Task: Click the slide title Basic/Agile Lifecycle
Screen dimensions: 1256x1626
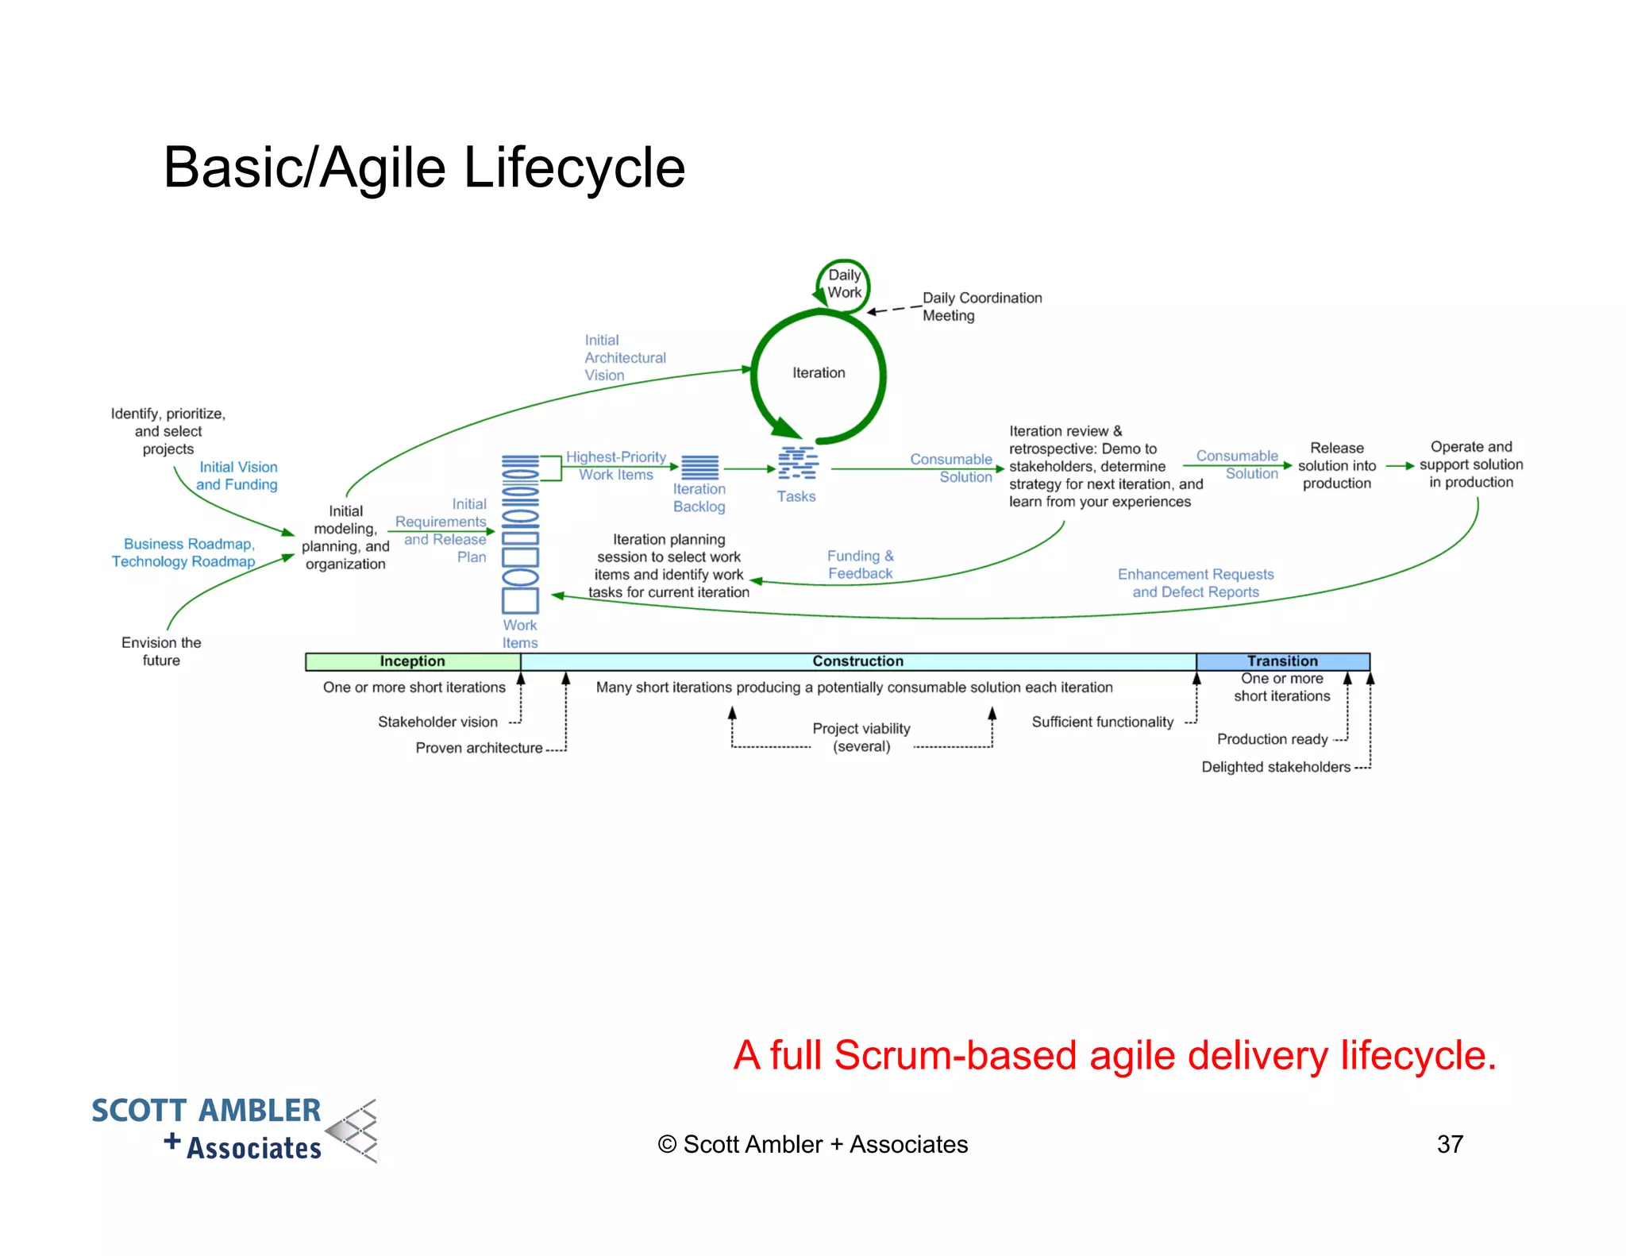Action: [x=424, y=168]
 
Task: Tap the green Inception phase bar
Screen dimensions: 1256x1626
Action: [x=412, y=661]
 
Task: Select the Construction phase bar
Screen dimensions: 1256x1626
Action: [x=857, y=661]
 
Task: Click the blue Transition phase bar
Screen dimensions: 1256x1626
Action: [x=1282, y=661]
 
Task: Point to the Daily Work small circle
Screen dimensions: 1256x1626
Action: [x=844, y=283]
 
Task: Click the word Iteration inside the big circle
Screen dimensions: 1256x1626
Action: [x=819, y=372]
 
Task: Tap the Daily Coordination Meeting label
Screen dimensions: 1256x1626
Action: [x=981, y=306]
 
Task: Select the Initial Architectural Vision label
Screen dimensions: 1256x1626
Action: [x=624, y=357]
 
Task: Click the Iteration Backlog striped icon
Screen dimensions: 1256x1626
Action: [x=699, y=466]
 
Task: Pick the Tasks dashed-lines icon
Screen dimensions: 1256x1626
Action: [x=797, y=463]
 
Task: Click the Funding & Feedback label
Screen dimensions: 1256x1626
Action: [x=860, y=564]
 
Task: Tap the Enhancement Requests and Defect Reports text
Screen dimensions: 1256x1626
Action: [x=1195, y=583]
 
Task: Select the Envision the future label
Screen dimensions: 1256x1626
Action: [x=161, y=651]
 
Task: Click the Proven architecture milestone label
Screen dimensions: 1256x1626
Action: [x=479, y=748]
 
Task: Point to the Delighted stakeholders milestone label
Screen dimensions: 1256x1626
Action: [x=1275, y=767]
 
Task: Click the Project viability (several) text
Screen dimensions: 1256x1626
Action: [x=861, y=737]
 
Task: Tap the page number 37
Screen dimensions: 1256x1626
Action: [x=1449, y=1144]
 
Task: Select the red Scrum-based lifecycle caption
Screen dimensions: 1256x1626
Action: [x=1114, y=1055]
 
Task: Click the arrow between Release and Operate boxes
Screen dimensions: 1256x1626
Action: [x=1399, y=466]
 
